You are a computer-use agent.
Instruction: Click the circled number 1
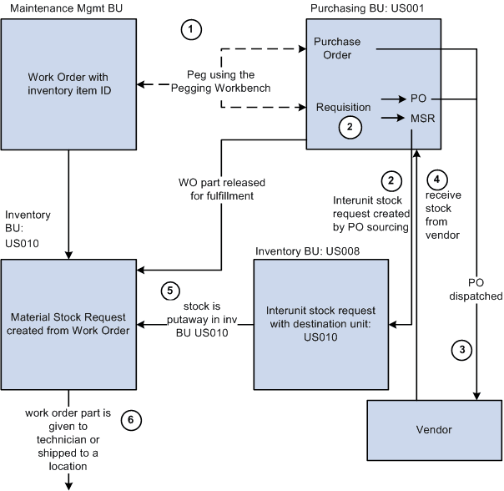(x=192, y=30)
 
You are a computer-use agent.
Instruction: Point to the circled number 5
(x=170, y=291)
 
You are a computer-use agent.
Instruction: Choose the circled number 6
(x=128, y=420)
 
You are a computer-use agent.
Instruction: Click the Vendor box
(x=434, y=429)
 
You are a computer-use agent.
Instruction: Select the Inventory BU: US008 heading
(x=307, y=251)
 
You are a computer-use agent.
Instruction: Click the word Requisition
(x=343, y=108)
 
